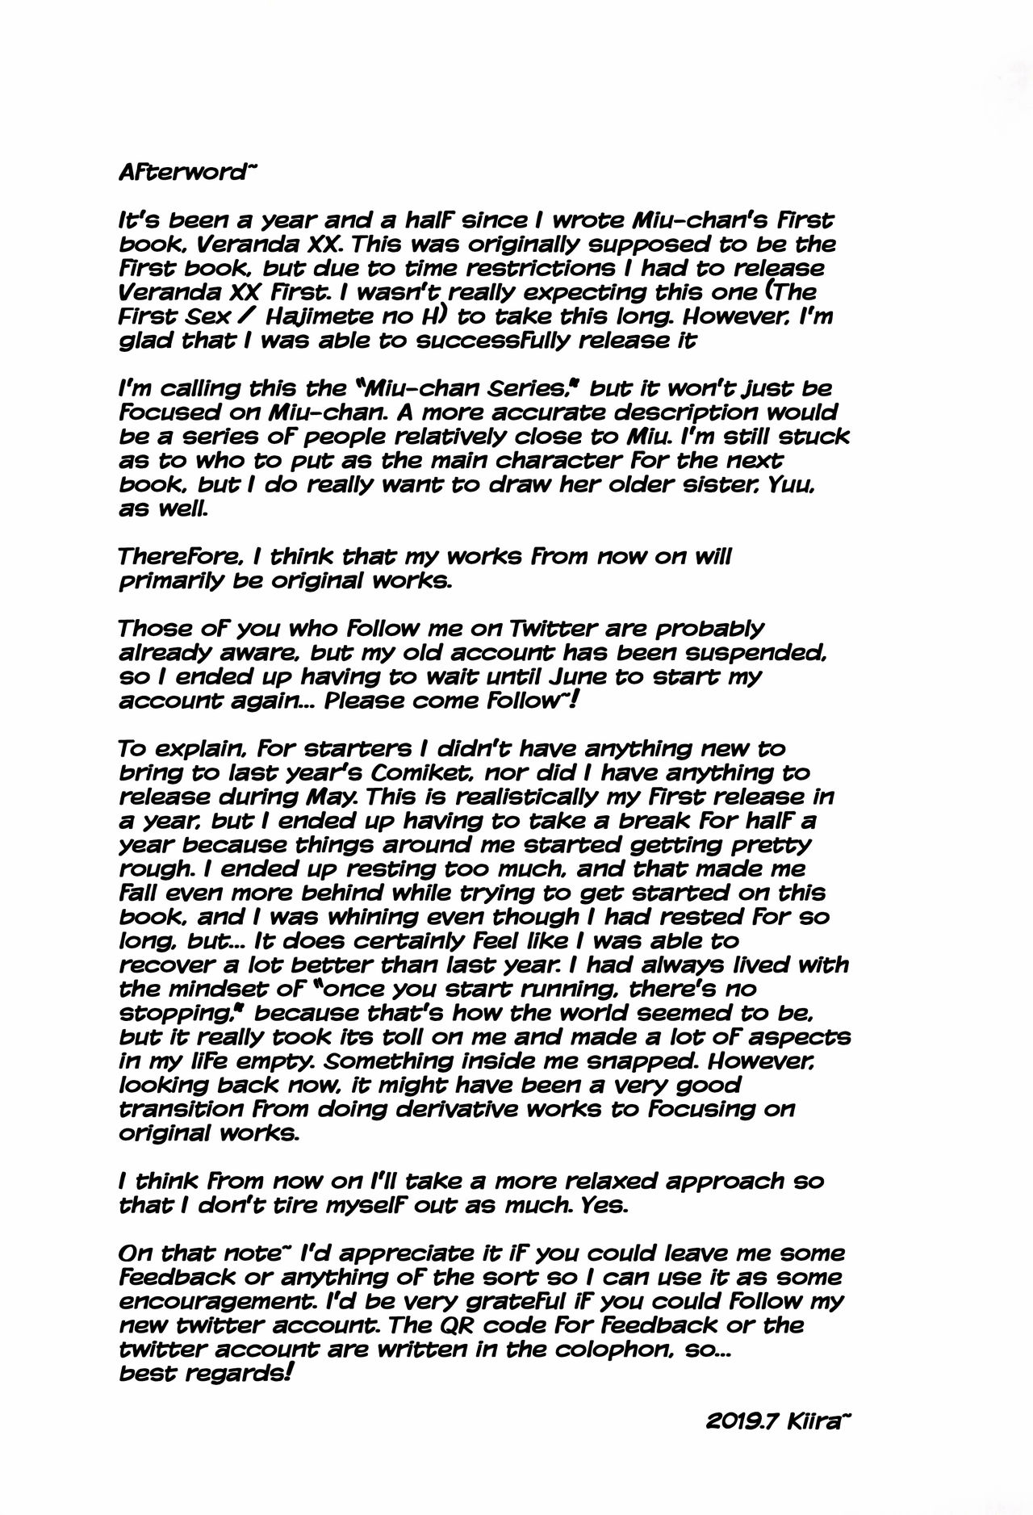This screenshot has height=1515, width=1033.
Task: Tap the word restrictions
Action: pos(546,268)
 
